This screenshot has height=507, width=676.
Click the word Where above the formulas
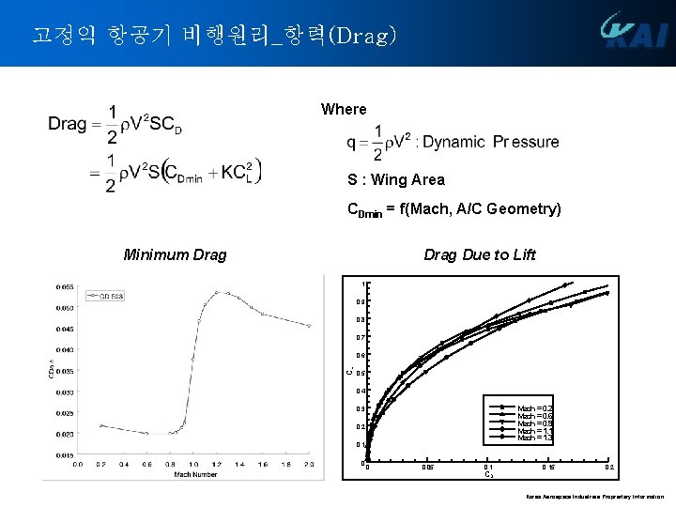344,109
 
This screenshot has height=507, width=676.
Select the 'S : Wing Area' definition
396,179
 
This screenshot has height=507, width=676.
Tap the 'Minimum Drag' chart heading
175,254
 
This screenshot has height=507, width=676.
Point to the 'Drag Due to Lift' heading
480,254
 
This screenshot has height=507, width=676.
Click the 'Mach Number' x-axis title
195,474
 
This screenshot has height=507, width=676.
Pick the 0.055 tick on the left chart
65,286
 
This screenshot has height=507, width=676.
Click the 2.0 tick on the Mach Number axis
309,464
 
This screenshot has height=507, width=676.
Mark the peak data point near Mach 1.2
217,292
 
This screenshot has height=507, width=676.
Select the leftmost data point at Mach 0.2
101,425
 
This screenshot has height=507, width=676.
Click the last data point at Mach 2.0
309,326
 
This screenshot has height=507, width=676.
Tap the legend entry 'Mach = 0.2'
535,408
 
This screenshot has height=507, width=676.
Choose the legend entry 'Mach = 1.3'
535,438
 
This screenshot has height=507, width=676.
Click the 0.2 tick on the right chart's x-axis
609,467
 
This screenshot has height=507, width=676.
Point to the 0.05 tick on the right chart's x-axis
427,467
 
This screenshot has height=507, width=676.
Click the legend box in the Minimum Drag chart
106,296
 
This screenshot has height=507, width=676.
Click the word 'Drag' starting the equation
68,124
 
